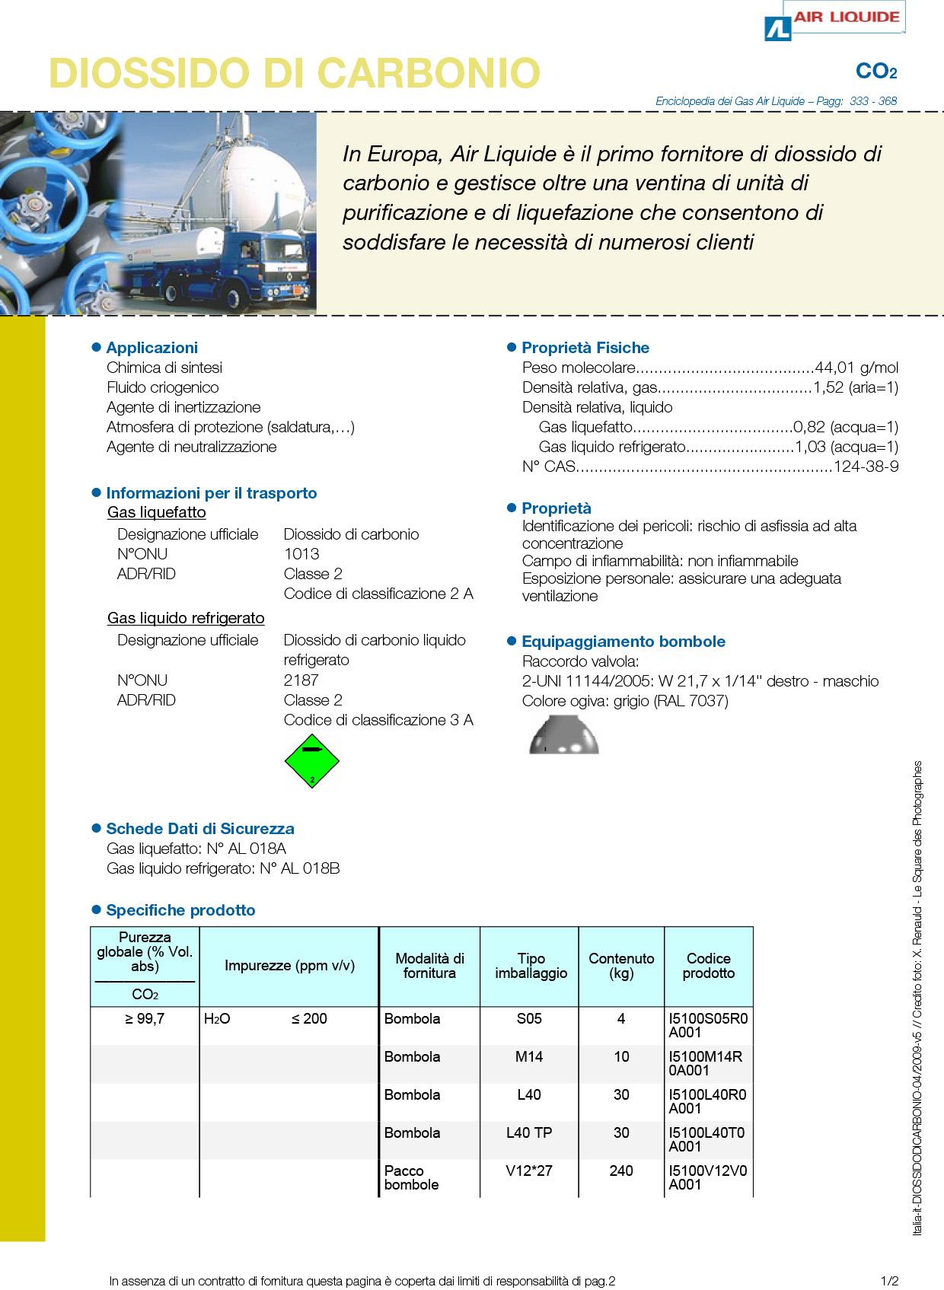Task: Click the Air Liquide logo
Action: [834, 20]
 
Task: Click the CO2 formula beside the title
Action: [876, 72]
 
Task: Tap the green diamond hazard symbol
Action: [311, 760]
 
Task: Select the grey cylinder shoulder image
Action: [564, 735]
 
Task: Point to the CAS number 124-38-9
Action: [866, 467]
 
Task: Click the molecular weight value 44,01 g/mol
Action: [856, 368]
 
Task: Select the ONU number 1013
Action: [301, 554]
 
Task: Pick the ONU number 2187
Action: [301, 680]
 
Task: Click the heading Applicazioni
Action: [152, 348]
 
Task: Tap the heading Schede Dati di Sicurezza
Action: [200, 829]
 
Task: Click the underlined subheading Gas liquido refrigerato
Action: [186, 618]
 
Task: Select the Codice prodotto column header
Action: [709, 966]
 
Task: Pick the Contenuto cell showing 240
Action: [621, 1171]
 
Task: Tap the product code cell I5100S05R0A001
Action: [708, 1025]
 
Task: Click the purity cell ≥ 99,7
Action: [145, 1018]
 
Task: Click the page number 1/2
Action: [889, 1281]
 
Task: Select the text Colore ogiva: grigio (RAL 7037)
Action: [625, 701]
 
